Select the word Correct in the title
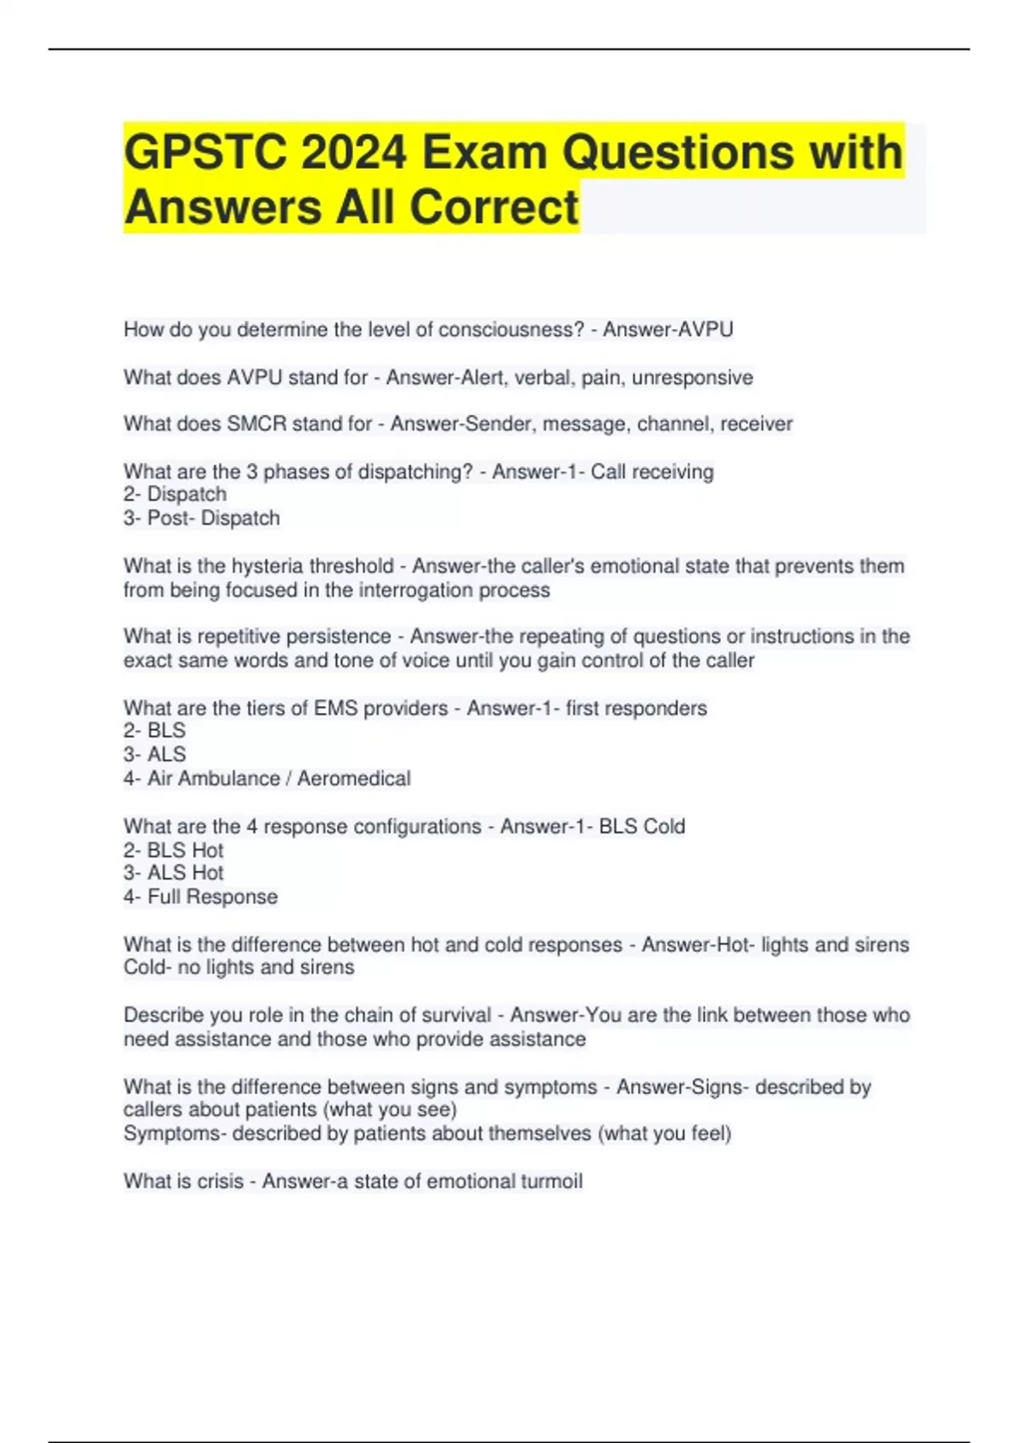pos(495,207)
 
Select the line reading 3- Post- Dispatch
pos(201,518)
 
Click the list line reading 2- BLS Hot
pos(173,850)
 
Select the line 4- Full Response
pos(200,896)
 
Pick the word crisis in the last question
pos(220,1181)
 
